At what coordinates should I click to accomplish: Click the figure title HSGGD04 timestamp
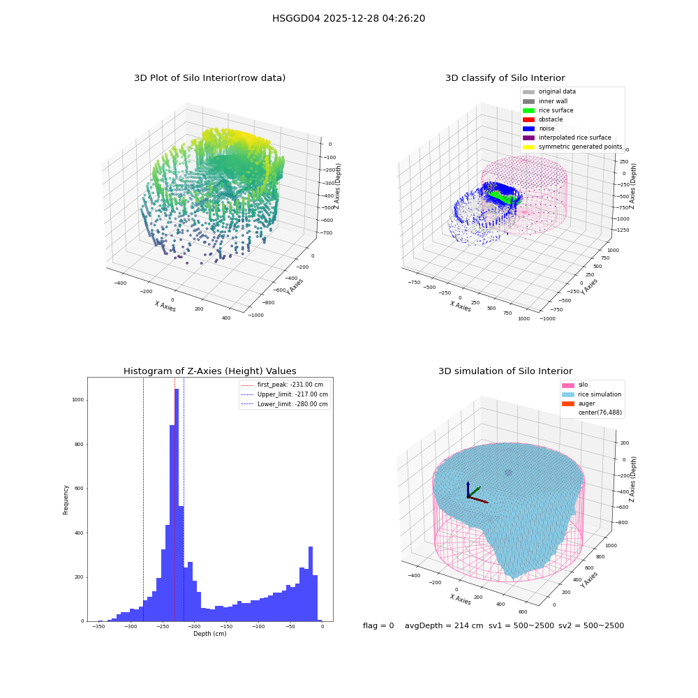(x=348, y=18)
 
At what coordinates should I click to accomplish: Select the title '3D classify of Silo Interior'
(x=505, y=78)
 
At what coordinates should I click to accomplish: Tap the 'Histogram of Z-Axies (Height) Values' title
(x=209, y=371)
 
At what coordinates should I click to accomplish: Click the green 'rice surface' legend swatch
(x=528, y=110)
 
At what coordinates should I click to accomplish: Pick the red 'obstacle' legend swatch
(x=528, y=119)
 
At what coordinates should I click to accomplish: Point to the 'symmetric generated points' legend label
(x=581, y=147)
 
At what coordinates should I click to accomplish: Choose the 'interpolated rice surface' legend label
(x=574, y=138)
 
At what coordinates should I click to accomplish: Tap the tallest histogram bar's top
(x=177, y=389)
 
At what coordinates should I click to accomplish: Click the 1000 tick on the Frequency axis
(x=78, y=400)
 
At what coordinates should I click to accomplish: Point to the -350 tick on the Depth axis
(x=98, y=626)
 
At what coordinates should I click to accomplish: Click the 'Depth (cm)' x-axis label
(x=209, y=634)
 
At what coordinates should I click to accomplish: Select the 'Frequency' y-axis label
(x=66, y=500)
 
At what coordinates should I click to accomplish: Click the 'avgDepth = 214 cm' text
(x=444, y=625)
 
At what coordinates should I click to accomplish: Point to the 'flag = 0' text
(x=378, y=625)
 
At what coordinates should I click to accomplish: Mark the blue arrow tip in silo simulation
(x=468, y=482)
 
